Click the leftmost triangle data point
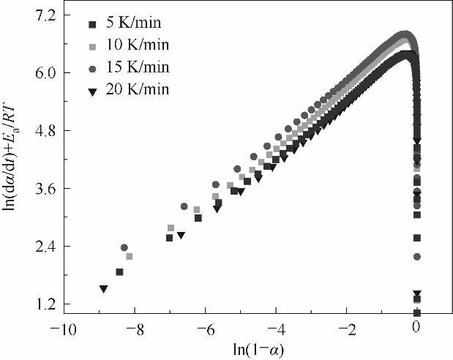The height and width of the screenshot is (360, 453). click(x=104, y=290)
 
